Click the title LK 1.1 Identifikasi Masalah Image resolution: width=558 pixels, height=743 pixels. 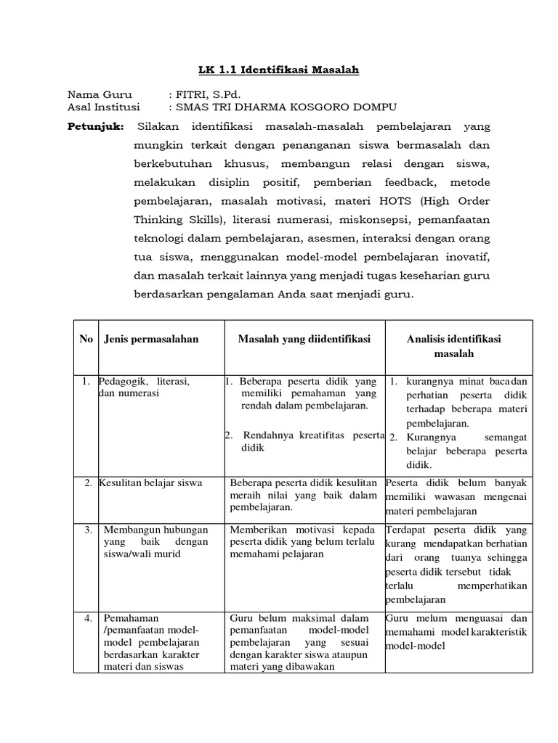pyautogui.click(x=279, y=70)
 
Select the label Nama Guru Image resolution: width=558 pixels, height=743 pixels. pyautogui.click(x=95, y=95)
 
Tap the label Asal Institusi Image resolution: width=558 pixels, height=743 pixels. pyautogui.click(x=103, y=107)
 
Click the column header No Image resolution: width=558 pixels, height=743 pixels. pyautogui.click(x=86, y=340)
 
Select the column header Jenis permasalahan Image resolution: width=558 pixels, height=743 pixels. pyautogui.click(x=151, y=340)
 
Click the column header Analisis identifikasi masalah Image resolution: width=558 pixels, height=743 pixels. pyautogui.click(x=454, y=346)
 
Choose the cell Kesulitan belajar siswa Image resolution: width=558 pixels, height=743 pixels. pyautogui.click(x=151, y=483)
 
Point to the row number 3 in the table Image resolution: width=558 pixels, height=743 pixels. pyautogui.click(x=87, y=530)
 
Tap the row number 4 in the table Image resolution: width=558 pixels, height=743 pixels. pyautogui.click(x=87, y=619)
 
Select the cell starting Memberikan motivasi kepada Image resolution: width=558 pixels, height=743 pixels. pyautogui.click(x=303, y=542)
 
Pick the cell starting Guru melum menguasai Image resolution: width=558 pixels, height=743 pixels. pyautogui.click(x=456, y=625)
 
